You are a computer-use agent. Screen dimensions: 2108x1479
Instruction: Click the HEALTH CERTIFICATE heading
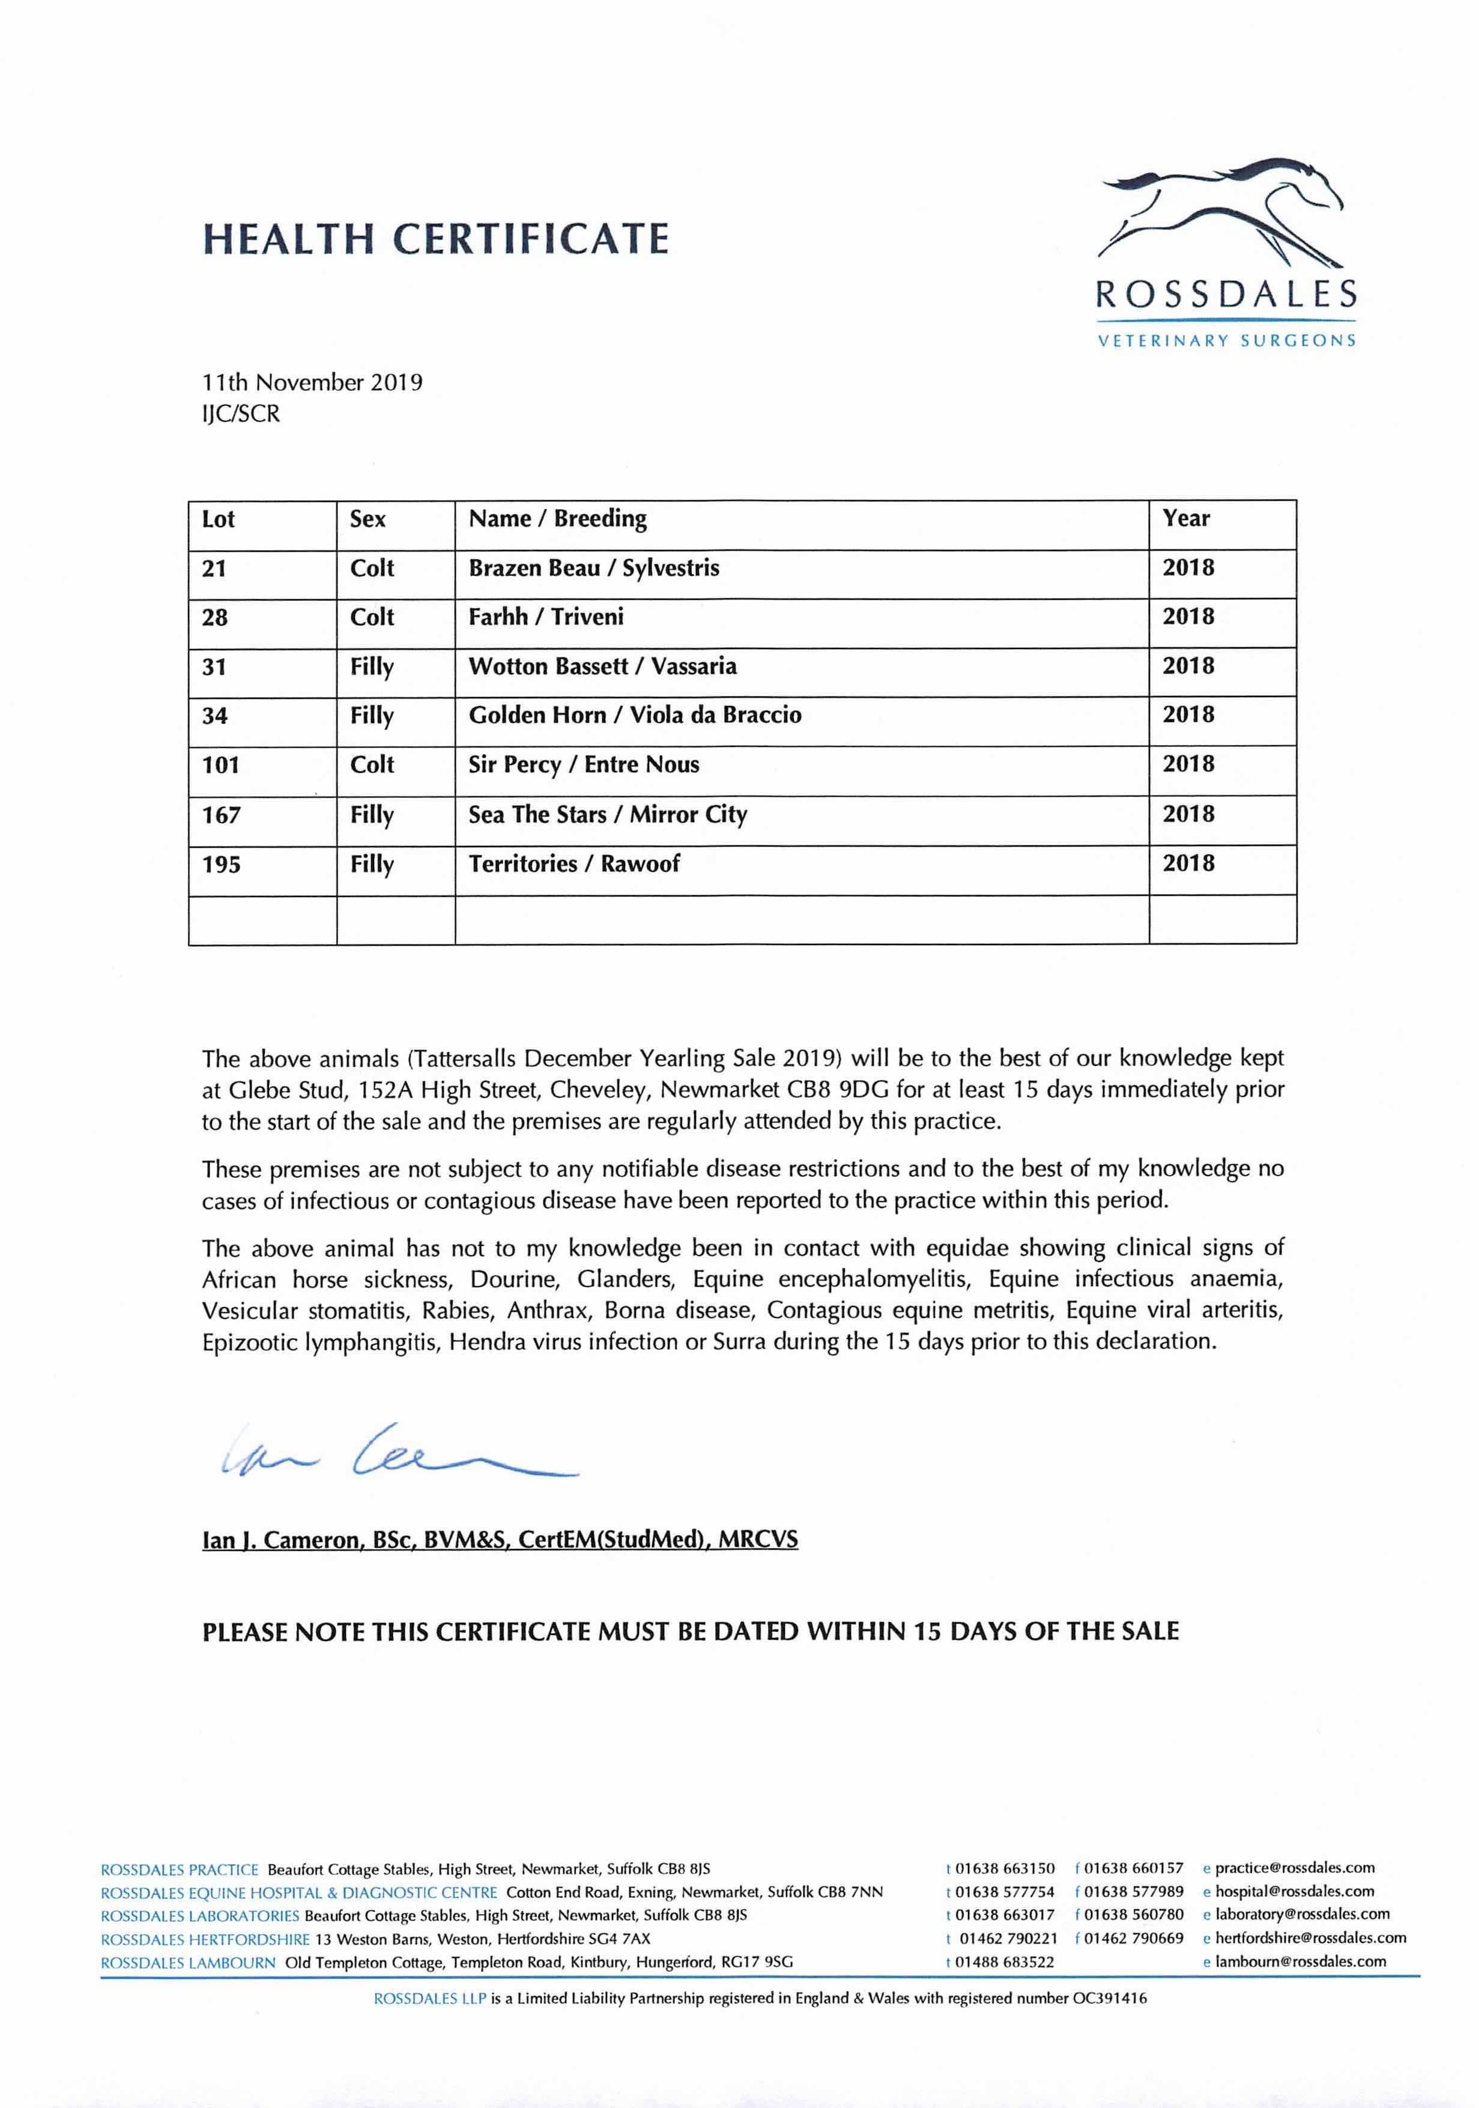[x=435, y=239]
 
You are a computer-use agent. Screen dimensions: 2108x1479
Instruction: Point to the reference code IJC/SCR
[x=241, y=414]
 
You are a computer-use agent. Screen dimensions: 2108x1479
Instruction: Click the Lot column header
[x=219, y=520]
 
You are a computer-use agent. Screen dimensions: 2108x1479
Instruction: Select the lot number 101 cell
[x=221, y=765]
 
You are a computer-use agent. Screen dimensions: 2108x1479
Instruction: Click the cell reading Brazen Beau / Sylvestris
[x=594, y=569]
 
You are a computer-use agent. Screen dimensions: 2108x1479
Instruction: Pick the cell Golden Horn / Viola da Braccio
[x=634, y=715]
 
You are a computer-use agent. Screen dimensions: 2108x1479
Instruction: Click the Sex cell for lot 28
[x=372, y=617]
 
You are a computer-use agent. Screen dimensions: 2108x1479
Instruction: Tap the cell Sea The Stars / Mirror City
[x=608, y=814]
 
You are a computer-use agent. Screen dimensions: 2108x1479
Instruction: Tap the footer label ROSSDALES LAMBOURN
[x=188, y=1962]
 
